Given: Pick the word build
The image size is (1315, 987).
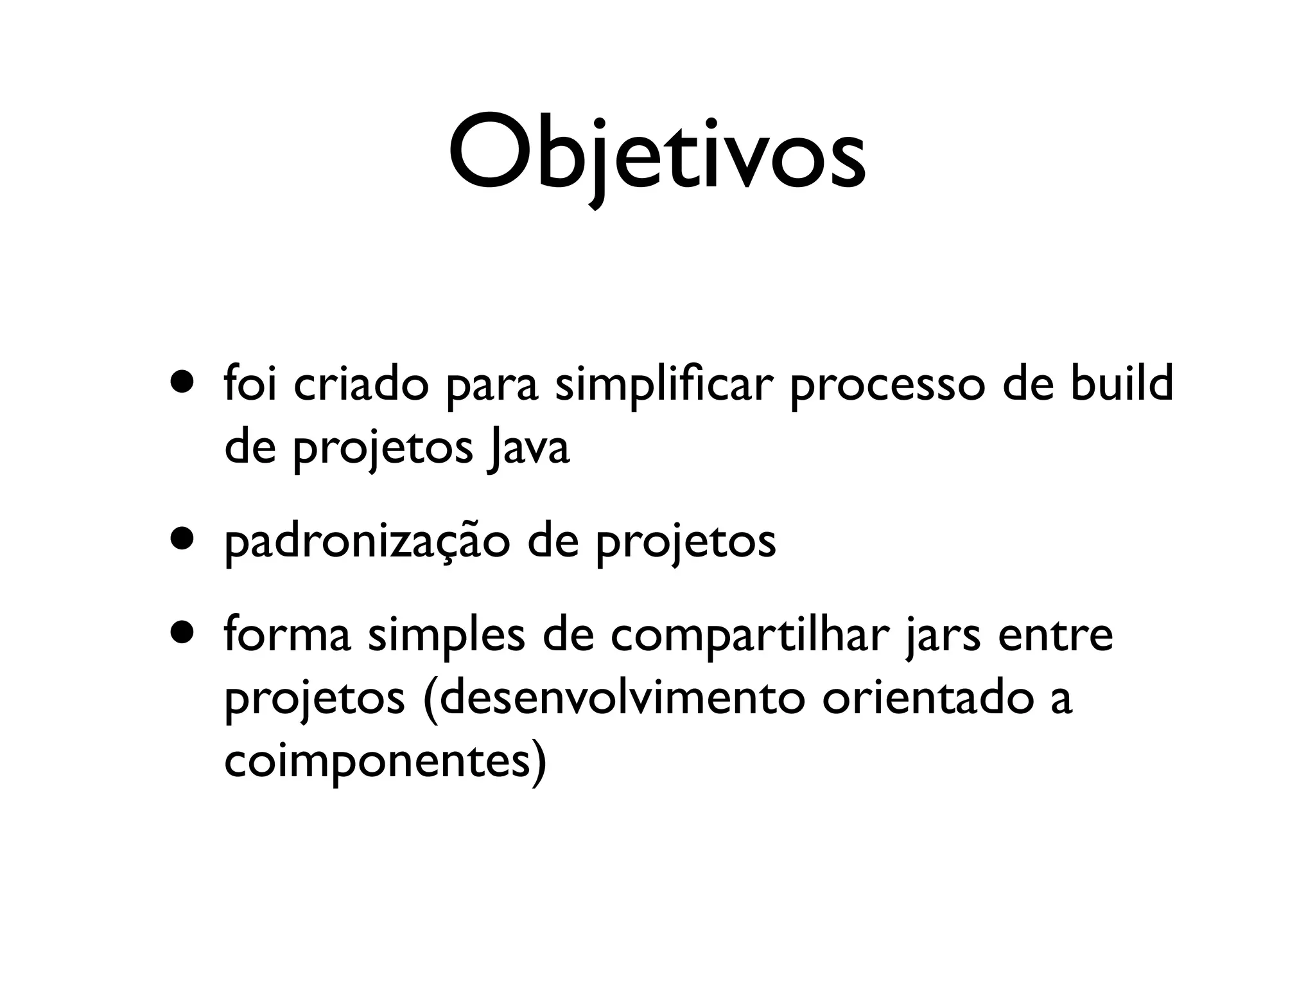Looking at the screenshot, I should (1121, 384).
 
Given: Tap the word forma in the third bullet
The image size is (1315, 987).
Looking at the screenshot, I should (287, 636).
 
